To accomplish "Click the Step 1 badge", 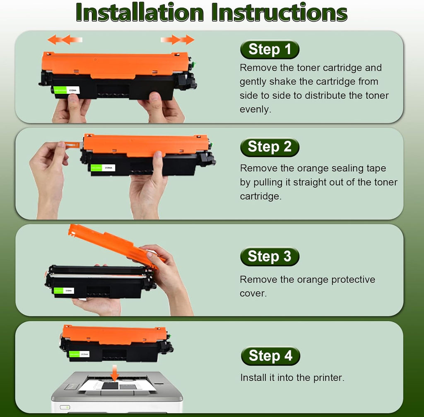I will pyautogui.click(x=270, y=50).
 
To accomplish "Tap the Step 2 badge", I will pyautogui.click(x=270, y=147).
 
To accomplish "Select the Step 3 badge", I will pyautogui.click(x=270, y=256).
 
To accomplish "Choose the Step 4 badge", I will pyautogui.click(x=270, y=356).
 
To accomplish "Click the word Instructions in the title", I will pyautogui.click(x=279, y=13).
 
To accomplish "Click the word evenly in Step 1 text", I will pyautogui.click(x=255, y=110).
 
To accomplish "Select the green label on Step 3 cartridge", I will pyautogui.click(x=58, y=291).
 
